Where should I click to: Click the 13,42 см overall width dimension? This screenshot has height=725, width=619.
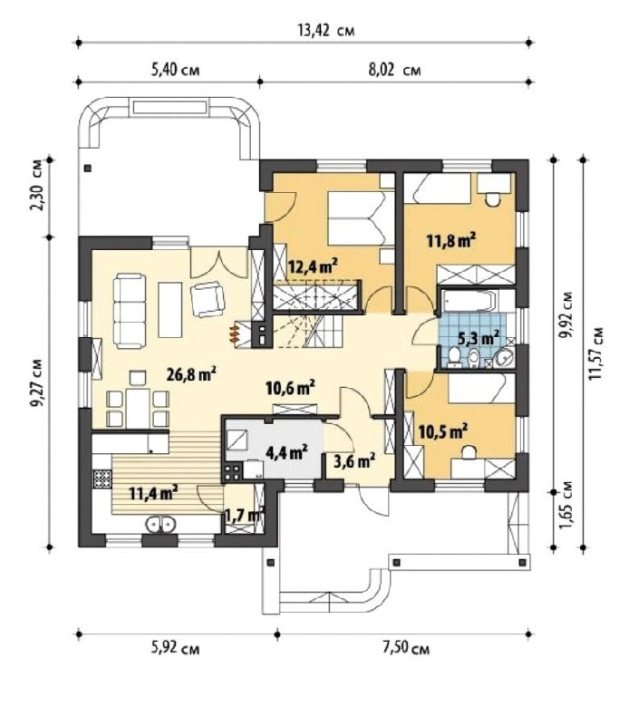(326, 31)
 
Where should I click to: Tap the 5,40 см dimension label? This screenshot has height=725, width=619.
(176, 71)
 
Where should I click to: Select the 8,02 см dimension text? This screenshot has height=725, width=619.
(394, 71)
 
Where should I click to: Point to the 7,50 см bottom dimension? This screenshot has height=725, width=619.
(406, 648)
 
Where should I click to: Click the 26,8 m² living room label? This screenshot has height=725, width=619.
(192, 373)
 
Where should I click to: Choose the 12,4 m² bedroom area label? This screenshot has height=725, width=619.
(313, 266)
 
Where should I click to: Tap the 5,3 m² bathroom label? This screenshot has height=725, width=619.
(479, 337)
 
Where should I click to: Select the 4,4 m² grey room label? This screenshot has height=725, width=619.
(287, 451)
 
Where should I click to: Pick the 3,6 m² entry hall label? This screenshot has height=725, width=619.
(354, 460)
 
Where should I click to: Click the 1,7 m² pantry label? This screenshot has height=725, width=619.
(244, 514)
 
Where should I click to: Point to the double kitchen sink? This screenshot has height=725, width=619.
(160, 524)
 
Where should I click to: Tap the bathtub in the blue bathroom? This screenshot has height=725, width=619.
(468, 301)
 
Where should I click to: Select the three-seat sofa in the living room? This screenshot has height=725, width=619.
(130, 310)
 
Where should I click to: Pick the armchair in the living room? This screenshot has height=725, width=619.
(208, 299)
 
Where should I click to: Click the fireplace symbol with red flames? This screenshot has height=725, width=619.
(236, 333)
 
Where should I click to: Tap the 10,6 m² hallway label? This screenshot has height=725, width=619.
(291, 388)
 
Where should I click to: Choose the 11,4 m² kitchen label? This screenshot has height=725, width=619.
(154, 493)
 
